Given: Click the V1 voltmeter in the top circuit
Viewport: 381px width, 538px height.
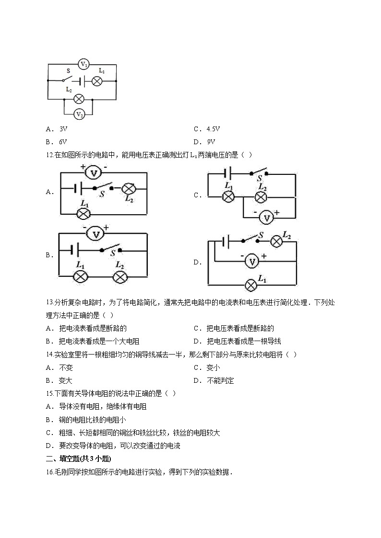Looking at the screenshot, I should (83, 64).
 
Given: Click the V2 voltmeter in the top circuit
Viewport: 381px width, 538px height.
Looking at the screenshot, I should (80, 114).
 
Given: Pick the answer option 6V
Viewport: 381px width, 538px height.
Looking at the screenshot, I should (62, 142).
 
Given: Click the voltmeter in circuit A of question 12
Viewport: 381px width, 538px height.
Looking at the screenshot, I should (95, 172).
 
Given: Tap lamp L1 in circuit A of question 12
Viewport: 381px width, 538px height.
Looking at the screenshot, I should (84, 213).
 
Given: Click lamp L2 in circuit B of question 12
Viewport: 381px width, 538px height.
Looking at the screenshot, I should (120, 276).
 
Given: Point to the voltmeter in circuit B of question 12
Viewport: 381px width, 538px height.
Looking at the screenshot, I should (96, 233).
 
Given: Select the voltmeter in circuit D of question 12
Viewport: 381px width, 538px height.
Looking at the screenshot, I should (251, 261).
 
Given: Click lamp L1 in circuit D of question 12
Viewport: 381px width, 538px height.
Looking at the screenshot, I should (250, 285).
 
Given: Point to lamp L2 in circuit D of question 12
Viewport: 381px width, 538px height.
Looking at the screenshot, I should (276, 241).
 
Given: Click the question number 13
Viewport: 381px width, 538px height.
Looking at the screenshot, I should (50, 303).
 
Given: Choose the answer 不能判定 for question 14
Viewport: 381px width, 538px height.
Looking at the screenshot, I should (220, 381).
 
